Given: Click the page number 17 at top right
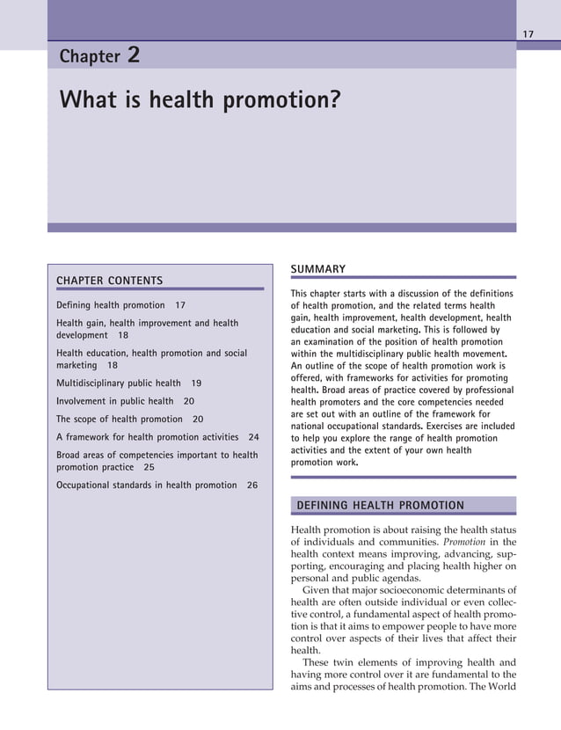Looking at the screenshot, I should [528, 34].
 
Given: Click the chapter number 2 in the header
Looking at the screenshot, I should [134, 55].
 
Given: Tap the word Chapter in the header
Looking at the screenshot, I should [89, 57].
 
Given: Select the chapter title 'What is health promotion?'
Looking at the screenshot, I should [199, 100].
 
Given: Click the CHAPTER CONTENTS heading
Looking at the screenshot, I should [109, 281].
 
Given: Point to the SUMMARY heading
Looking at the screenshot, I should [317, 268].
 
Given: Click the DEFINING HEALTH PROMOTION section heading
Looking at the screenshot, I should [380, 505].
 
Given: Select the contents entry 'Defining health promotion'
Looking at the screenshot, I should [110, 305].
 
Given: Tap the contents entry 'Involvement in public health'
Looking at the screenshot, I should [114, 401].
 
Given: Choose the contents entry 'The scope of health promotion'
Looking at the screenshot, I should [119, 420].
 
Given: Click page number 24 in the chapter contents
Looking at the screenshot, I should [254, 437].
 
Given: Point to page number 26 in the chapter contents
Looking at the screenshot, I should [252, 485].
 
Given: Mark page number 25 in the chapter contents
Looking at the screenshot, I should [149, 467].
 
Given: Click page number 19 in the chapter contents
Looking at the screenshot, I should [196, 383].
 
